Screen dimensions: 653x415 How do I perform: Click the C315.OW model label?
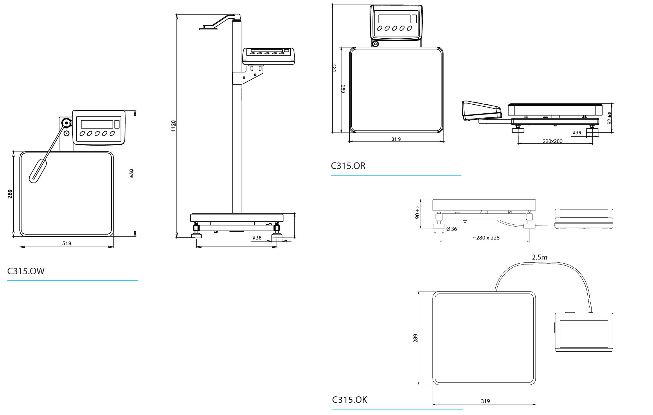26,271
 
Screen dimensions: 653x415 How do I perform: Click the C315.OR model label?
348,166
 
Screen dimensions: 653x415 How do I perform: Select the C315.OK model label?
350,400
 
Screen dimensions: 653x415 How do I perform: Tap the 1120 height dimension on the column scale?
173,126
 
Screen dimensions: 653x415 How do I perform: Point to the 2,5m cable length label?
539,257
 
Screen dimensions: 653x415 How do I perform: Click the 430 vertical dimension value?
132,173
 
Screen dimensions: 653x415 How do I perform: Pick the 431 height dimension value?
334,68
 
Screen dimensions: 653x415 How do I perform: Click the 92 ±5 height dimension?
609,118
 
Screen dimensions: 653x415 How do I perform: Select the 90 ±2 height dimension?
418,212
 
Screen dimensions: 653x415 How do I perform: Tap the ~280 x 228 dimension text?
486,238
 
